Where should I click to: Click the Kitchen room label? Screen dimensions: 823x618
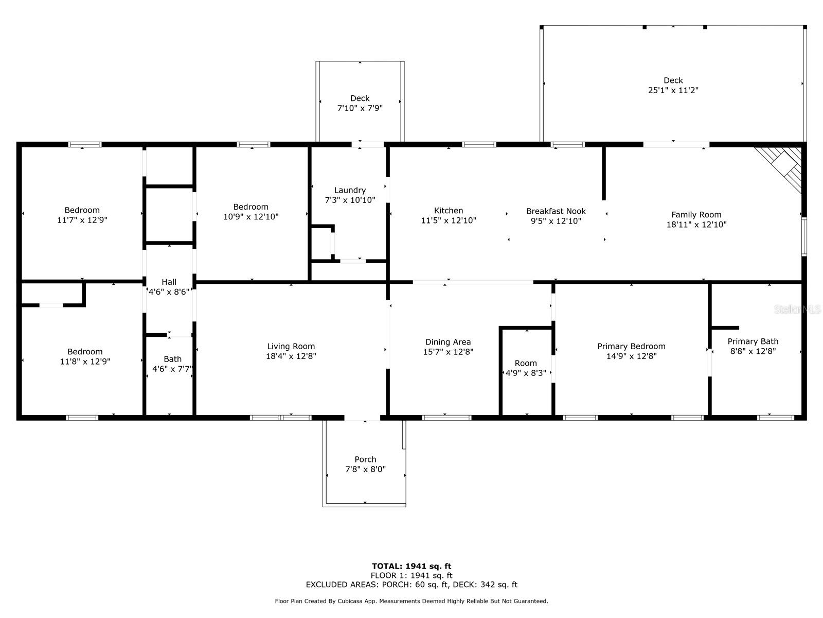(x=449, y=211)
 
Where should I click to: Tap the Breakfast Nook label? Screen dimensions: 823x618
(x=556, y=211)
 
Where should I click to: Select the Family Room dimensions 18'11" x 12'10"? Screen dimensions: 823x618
(x=696, y=225)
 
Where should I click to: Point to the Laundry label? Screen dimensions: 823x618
(x=350, y=190)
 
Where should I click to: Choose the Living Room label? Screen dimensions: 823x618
(x=291, y=346)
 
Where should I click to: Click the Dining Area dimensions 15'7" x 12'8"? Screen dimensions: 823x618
(x=448, y=352)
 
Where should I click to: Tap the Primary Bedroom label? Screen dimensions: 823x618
(x=632, y=346)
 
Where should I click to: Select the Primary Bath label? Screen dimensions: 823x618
(x=753, y=341)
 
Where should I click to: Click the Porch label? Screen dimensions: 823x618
(x=365, y=459)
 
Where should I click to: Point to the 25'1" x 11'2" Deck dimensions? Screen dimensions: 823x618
(x=673, y=90)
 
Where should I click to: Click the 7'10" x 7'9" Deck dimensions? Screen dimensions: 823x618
(x=360, y=108)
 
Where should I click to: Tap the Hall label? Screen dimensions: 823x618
(x=169, y=282)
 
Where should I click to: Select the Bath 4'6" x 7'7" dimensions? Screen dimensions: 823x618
(x=172, y=369)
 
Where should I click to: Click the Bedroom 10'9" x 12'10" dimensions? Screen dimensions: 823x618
(x=251, y=216)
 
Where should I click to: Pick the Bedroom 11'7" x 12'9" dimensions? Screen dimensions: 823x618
(x=82, y=220)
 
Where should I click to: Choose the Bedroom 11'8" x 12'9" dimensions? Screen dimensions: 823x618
(x=85, y=362)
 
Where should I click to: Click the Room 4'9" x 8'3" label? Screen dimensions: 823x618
(x=526, y=363)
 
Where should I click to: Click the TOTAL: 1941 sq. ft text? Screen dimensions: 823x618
(x=411, y=566)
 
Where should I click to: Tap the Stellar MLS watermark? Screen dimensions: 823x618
(x=797, y=309)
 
